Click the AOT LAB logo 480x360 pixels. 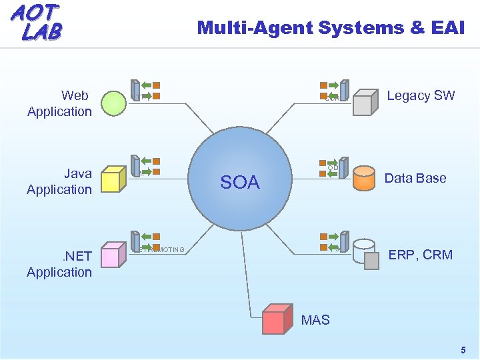click(37, 22)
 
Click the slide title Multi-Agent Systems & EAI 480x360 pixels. click(331, 27)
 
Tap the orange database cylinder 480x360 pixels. click(364, 178)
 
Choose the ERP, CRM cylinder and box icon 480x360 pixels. click(366, 254)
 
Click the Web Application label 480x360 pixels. click(59, 103)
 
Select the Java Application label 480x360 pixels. click(59, 181)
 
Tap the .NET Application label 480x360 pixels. click(59, 264)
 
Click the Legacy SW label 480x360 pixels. click(421, 95)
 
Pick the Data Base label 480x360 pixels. click(415, 178)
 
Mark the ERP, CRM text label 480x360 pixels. click(420, 255)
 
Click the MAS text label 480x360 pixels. click(315, 320)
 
